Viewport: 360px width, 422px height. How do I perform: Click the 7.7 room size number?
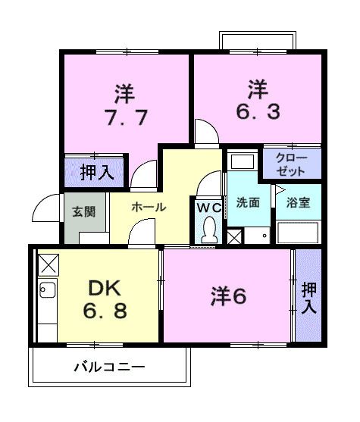[x=124, y=119]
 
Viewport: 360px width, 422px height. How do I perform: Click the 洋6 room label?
[x=228, y=297]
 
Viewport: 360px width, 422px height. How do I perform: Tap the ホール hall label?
[x=148, y=207]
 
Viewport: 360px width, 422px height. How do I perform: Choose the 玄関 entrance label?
[x=84, y=211]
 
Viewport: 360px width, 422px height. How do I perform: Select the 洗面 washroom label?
[x=247, y=202]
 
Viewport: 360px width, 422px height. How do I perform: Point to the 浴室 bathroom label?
[x=298, y=202]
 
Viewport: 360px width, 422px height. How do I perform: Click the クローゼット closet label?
[x=291, y=164]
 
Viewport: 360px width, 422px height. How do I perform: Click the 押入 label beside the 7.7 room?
[x=97, y=171]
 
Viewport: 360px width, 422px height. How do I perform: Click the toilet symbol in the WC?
[x=208, y=229]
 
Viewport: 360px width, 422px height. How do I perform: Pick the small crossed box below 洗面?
[x=236, y=236]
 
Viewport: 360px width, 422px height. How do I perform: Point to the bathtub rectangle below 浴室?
[x=298, y=232]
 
